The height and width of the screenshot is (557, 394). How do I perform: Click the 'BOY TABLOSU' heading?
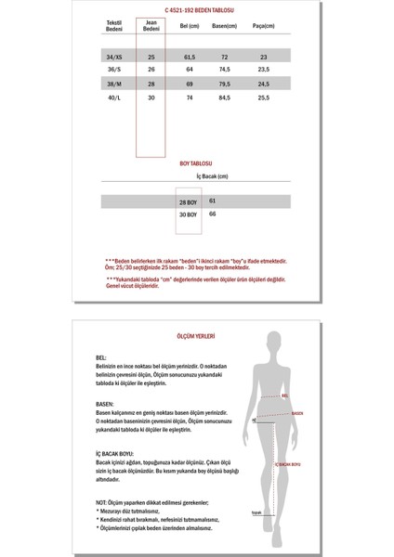(x=196, y=162)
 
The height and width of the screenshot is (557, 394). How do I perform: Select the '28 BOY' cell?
(x=188, y=201)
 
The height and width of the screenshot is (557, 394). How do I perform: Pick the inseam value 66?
(x=213, y=214)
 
